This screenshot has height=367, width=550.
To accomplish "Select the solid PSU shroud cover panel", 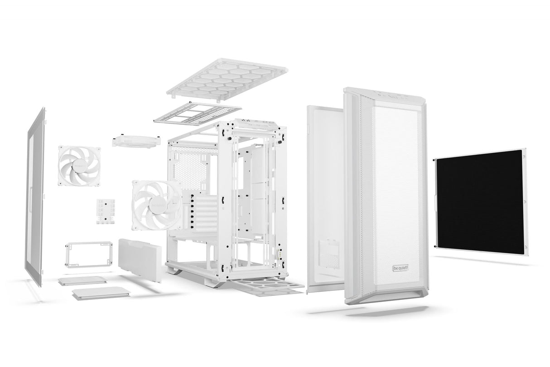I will [140, 259].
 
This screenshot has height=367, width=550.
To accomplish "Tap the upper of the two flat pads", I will [82, 280].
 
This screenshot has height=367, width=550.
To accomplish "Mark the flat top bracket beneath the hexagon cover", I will [198, 113].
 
